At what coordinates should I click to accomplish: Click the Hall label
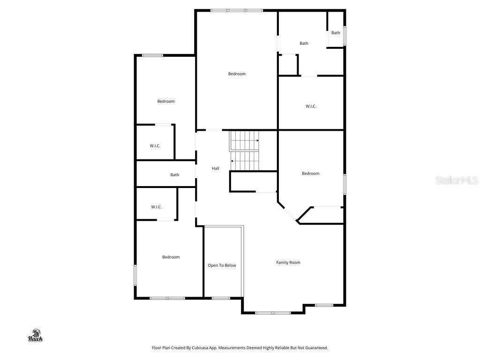tap(216, 168)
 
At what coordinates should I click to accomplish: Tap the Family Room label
tap(288, 262)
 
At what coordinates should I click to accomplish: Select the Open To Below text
tap(222, 265)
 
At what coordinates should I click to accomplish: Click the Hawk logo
tap(36, 336)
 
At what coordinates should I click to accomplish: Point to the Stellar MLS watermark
tap(456, 180)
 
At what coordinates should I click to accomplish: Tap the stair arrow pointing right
tap(257, 140)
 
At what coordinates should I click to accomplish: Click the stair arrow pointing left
tap(232, 161)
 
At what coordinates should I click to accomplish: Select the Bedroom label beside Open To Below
tap(171, 257)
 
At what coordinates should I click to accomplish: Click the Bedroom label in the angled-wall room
tap(310, 173)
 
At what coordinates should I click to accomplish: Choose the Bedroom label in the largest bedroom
tap(237, 74)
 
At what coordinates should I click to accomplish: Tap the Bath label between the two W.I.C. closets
tap(174, 175)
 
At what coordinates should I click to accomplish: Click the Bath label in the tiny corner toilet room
tap(336, 33)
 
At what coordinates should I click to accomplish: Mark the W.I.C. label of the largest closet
tap(311, 106)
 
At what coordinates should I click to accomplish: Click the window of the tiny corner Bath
tap(345, 36)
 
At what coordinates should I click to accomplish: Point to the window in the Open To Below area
tap(221, 298)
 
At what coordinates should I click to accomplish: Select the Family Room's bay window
tap(273, 313)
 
